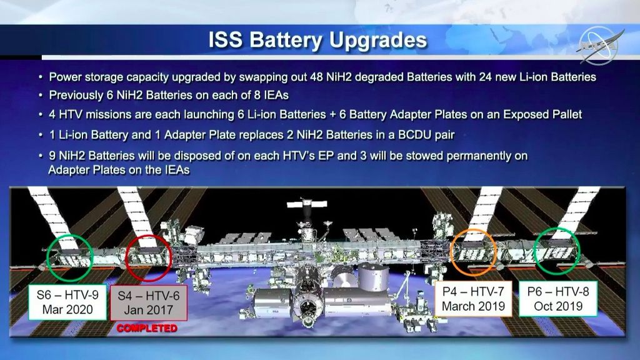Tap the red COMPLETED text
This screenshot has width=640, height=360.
pos(146,328)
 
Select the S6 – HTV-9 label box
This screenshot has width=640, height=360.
pos(67,301)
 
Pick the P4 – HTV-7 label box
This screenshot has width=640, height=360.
pos(473,298)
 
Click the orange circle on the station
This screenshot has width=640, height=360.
pos(474,251)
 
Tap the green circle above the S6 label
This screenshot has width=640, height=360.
pos(69,256)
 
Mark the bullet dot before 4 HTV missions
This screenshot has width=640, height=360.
pos(41,115)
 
